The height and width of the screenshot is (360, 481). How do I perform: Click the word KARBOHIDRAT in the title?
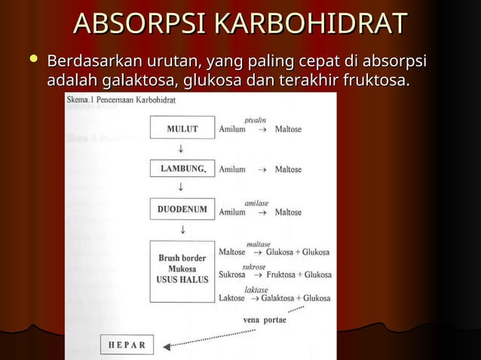pyautogui.click(x=310, y=25)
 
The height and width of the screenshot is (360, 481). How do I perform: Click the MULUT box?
pyautogui.click(x=182, y=129)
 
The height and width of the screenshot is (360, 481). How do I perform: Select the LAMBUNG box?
pyautogui.click(x=182, y=169)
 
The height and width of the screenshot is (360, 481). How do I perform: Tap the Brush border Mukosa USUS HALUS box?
pyautogui.click(x=182, y=270)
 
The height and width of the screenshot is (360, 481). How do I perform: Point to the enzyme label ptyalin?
pyautogui.click(x=256, y=120)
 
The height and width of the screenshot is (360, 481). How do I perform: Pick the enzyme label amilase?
pyautogui.click(x=256, y=203)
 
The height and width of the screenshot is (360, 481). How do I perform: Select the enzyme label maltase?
pyautogui.click(x=259, y=244)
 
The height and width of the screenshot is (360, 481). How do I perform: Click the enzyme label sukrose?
pyautogui.click(x=253, y=267)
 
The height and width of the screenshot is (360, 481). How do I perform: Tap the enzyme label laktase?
pyautogui.click(x=256, y=289)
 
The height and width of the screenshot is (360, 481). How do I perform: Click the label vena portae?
pyautogui.click(x=265, y=319)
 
